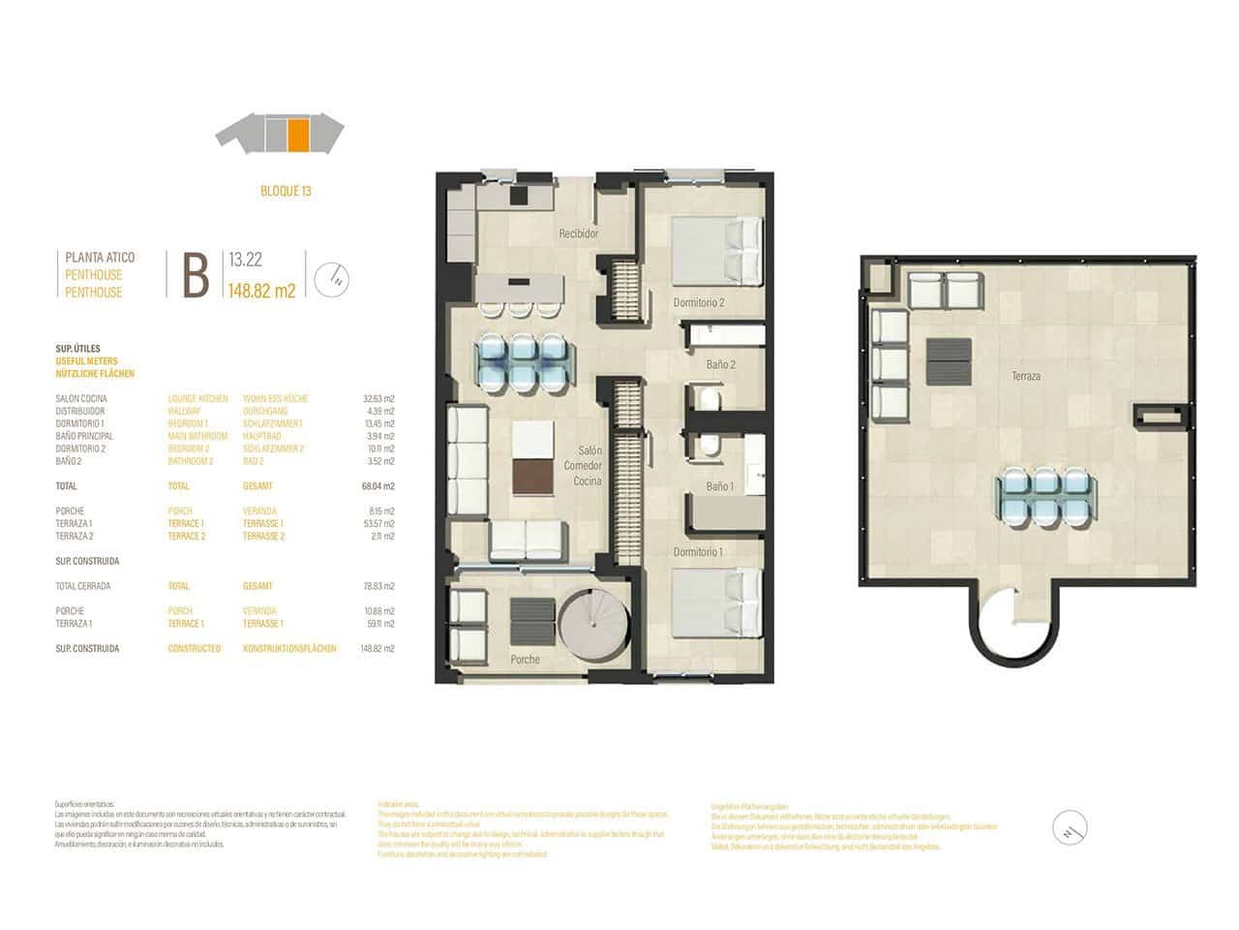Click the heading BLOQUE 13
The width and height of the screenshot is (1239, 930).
click(286, 191)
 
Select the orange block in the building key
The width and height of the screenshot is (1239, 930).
click(298, 135)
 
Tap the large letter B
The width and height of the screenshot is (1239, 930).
click(196, 276)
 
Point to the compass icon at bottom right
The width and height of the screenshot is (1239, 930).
click(1069, 828)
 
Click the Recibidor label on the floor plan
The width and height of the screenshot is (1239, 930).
click(579, 233)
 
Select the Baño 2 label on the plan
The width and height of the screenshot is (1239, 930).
click(721, 365)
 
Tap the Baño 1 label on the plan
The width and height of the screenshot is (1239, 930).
click(719, 486)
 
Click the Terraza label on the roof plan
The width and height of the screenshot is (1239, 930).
click(1026, 376)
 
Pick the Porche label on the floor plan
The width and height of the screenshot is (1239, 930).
click(525, 660)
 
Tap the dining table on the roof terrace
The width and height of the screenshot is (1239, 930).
click(1044, 496)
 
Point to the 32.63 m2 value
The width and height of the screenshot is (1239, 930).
click(378, 398)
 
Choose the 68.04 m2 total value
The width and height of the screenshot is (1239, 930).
click(378, 486)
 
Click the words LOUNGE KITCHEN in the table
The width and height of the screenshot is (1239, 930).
click(197, 398)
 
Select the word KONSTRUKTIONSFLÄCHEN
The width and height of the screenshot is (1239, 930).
click(289, 649)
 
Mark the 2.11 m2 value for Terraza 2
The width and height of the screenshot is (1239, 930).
click(381, 536)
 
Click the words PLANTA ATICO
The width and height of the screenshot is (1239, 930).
click(100, 258)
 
